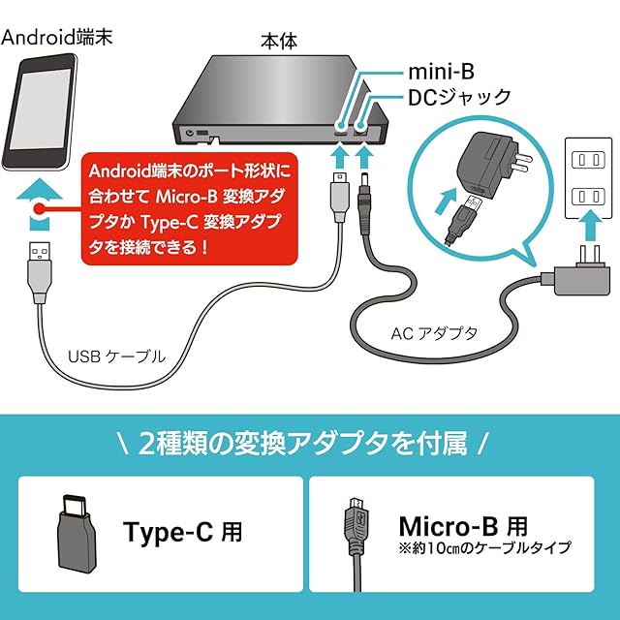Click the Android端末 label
coord(57,38)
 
